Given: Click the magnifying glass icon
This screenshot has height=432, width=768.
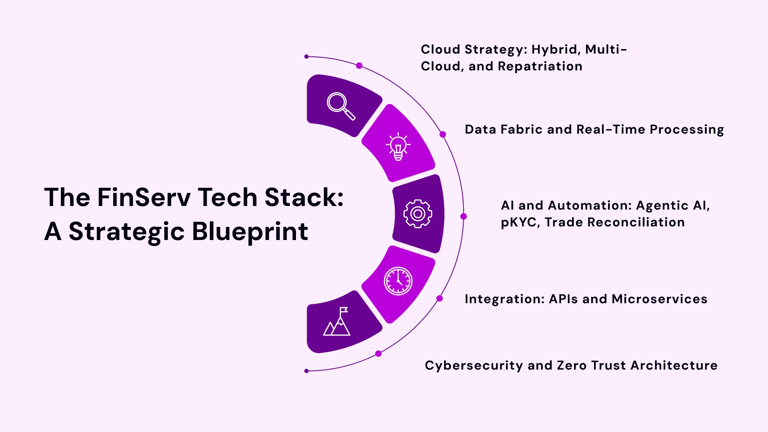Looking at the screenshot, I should coord(340,106).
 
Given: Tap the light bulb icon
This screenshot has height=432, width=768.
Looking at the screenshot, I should coord(398,146).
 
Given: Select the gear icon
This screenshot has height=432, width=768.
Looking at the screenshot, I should coord(418,214).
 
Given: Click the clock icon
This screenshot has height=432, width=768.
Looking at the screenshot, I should coord(398,281).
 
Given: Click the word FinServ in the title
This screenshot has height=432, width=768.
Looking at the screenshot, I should coord(144,197).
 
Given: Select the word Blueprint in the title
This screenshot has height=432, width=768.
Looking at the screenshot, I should coord(250,232).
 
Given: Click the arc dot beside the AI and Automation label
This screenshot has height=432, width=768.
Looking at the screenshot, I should coord(464,216).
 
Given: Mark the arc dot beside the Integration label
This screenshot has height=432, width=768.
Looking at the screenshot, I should coord(440,298).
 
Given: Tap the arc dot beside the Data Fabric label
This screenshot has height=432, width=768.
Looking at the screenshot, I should coord(443,134).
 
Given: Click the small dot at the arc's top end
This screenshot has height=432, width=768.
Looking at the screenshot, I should coord(306,57).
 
